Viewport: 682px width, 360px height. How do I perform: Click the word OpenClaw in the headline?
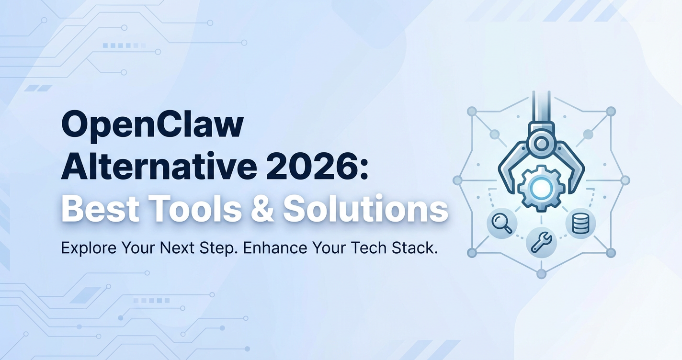[x=152, y=126]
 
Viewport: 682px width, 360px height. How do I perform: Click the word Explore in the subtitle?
[x=89, y=248]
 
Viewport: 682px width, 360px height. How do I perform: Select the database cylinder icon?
[x=580, y=223]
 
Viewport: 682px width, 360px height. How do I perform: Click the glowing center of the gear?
[x=541, y=188]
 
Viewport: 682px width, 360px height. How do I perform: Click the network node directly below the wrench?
[x=541, y=273]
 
